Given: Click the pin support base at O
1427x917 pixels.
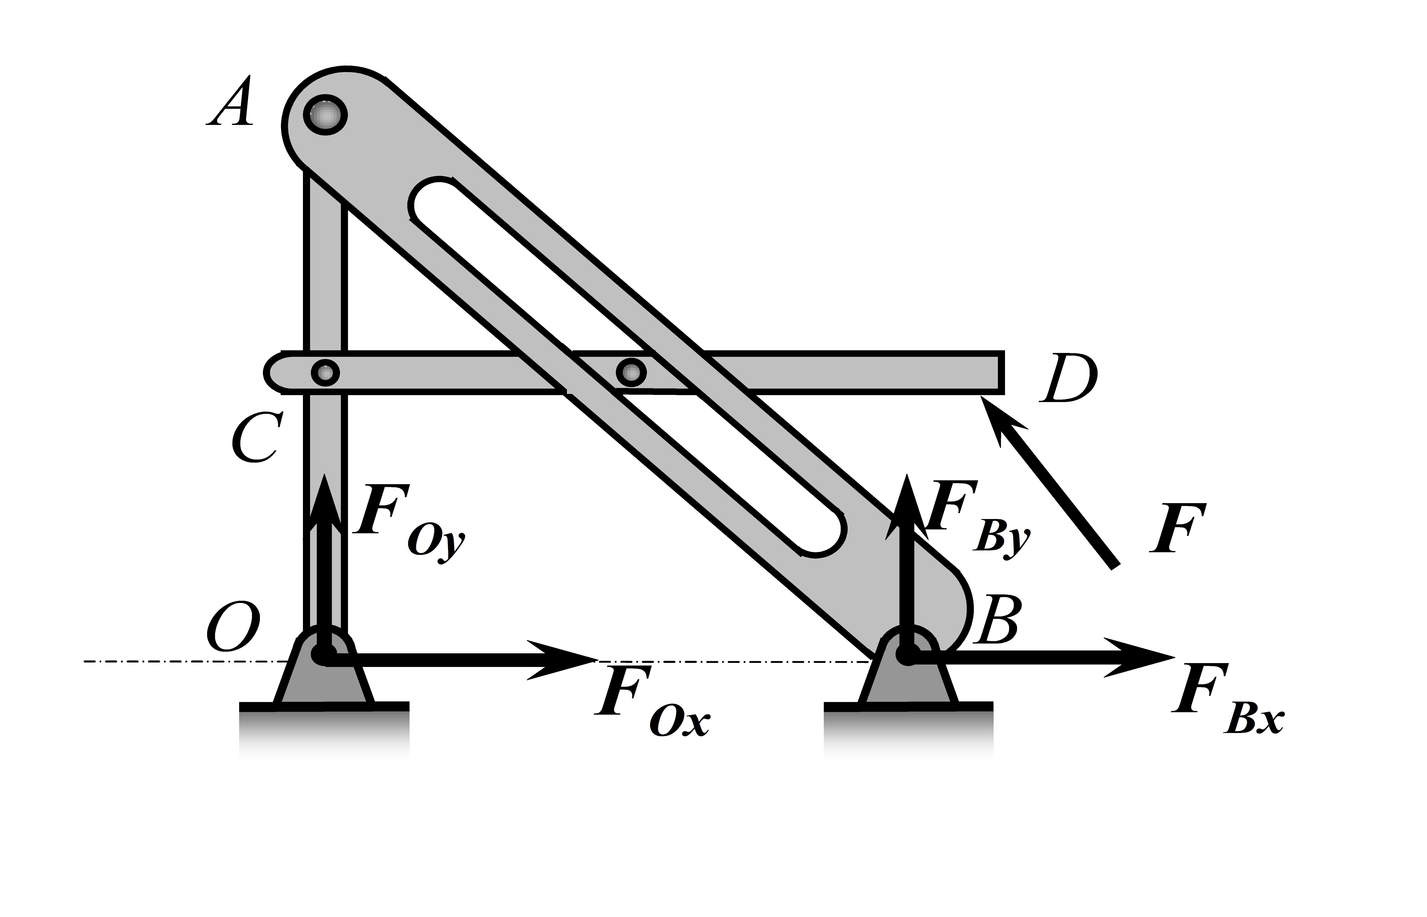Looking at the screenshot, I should [x=325, y=679].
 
